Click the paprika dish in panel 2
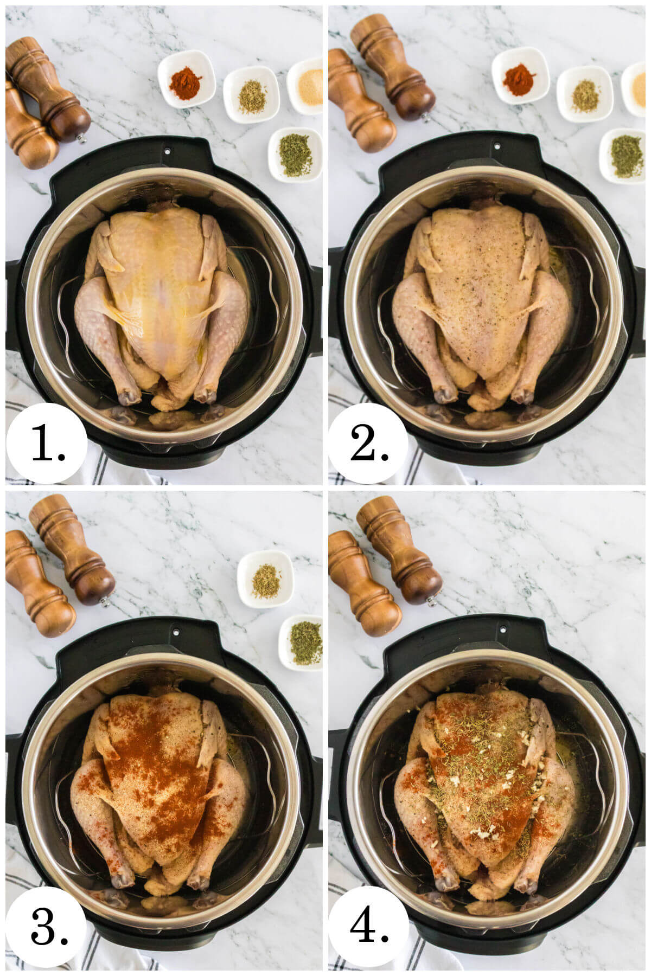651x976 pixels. [x=520, y=79]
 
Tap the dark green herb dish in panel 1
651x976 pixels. [x=295, y=154]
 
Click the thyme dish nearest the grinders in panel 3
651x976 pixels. [x=266, y=579]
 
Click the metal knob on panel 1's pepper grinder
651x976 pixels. [x=82, y=139]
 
